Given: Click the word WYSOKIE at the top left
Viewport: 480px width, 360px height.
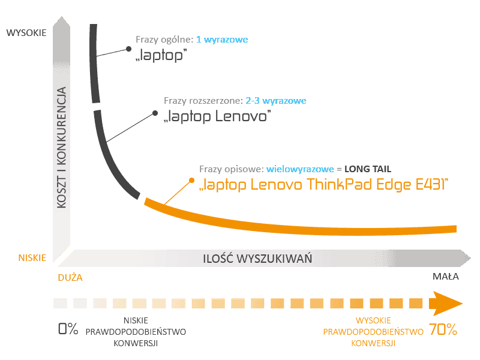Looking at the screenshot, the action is click(x=26, y=33).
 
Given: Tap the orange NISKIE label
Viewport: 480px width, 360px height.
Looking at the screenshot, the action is click(x=32, y=258).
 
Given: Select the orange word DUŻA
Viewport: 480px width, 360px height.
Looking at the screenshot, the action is click(x=70, y=277).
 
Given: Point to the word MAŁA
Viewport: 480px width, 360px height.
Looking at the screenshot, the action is click(x=445, y=277).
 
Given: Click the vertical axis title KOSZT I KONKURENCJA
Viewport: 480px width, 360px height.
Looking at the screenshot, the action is click(x=62, y=148).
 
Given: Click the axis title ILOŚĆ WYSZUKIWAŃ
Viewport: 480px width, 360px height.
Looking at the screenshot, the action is click(x=257, y=259).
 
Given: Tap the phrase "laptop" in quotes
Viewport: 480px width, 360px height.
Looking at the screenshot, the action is click(x=161, y=55).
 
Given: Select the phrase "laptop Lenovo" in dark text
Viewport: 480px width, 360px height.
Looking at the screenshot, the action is click(x=217, y=116).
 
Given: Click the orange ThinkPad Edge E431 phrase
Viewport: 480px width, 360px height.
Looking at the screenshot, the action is click(x=323, y=185).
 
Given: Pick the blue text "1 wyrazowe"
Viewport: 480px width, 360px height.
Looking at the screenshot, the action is click(x=222, y=40).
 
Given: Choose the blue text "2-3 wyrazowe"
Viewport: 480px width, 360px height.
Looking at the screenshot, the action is click(x=276, y=101).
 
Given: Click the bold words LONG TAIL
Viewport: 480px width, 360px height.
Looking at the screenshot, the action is click(x=368, y=169).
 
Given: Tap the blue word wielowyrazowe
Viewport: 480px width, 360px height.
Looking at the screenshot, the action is click(x=300, y=169).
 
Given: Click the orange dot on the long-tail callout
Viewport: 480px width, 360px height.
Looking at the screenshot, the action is click(x=191, y=181).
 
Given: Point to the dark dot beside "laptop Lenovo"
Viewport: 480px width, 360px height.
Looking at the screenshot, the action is click(x=155, y=113).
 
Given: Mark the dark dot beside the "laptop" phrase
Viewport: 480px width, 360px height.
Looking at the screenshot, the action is click(x=128, y=49).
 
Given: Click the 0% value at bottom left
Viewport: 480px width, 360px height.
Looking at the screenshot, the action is click(x=68, y=329).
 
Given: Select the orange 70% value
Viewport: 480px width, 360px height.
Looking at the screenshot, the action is click(x=443, y=329).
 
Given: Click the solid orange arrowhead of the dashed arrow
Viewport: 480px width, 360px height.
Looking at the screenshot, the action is click(x=445, y=304).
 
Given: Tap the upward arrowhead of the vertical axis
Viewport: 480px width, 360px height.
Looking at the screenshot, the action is click(x=62, y=22).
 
